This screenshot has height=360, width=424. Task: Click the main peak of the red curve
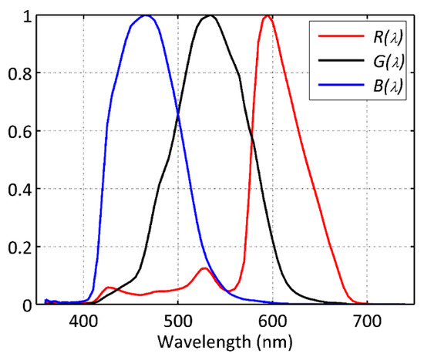pyautogui.click(x=267, y=15)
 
